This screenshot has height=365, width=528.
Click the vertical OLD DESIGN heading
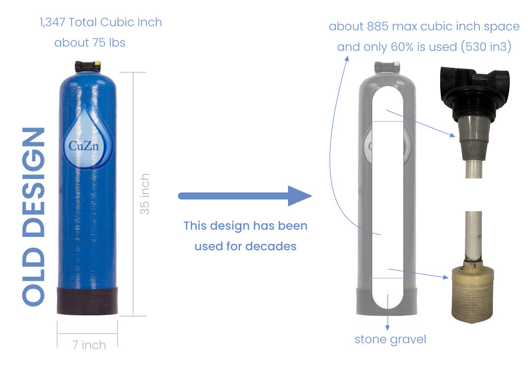click(34, 216)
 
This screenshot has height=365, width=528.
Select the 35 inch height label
click(145, 194)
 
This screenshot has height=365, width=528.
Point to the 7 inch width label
click(89, 345)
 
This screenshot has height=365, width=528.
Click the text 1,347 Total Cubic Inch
click(101, 23)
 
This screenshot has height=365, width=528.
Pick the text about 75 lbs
click(90, 43)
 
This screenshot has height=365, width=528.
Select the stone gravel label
click(390, 339)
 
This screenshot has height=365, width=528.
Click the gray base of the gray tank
click(387, 299)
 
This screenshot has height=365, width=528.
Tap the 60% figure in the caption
click(403, 47)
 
